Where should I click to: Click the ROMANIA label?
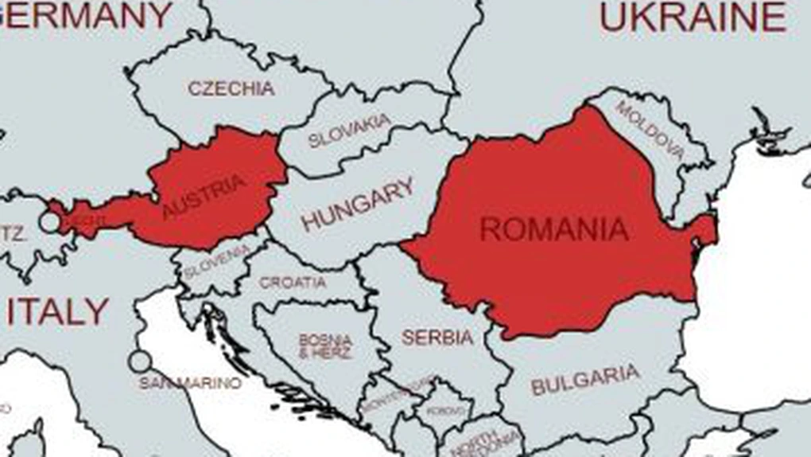point(554,229)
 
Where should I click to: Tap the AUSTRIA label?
point(204,197)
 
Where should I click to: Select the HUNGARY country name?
point(358,204)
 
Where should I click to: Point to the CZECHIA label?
point(231,88)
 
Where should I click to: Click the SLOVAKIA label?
point(350,131)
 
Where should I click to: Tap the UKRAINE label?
point(693,18)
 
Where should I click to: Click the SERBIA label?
point(437,338)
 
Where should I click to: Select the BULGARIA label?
point(585,380)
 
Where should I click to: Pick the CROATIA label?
point(293,283)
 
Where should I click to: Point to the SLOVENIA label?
point(216,262)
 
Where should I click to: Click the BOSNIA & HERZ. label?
point(326,346)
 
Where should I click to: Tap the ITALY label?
point(57,312)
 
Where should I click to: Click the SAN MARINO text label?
point(190,383)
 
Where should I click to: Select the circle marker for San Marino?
point(140,361)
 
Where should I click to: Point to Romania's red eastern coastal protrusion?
point(704,231)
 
